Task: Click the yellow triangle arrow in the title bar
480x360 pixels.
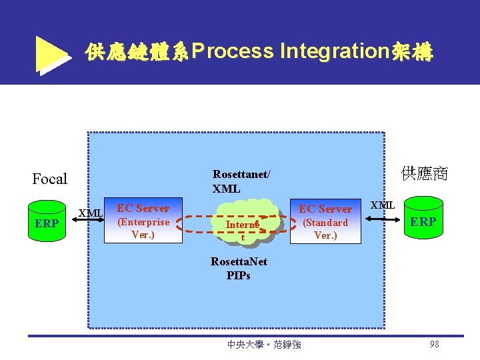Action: (x=52, y=53)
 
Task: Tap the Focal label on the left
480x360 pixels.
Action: (x=50, y=179)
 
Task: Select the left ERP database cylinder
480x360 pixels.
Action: (x=46, y=219)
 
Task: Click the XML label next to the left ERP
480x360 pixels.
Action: (x=90, y=213)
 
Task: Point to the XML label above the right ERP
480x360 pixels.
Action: (x=383, y=205)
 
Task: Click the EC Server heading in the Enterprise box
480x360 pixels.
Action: (x=143, y=208)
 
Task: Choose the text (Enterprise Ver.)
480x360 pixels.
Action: (x=143, y=228)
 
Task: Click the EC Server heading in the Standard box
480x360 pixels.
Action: (x=325, y=209)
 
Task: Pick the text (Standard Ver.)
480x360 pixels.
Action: (x=325, y=229)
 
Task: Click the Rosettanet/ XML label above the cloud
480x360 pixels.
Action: (x=241, y=181)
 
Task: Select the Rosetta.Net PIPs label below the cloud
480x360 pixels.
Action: (x=239, y=268)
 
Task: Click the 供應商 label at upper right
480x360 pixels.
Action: (x=425, y=174)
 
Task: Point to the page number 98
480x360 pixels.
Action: (x=434, y=344)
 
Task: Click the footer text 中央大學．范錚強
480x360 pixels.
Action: (x=264, y=345)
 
